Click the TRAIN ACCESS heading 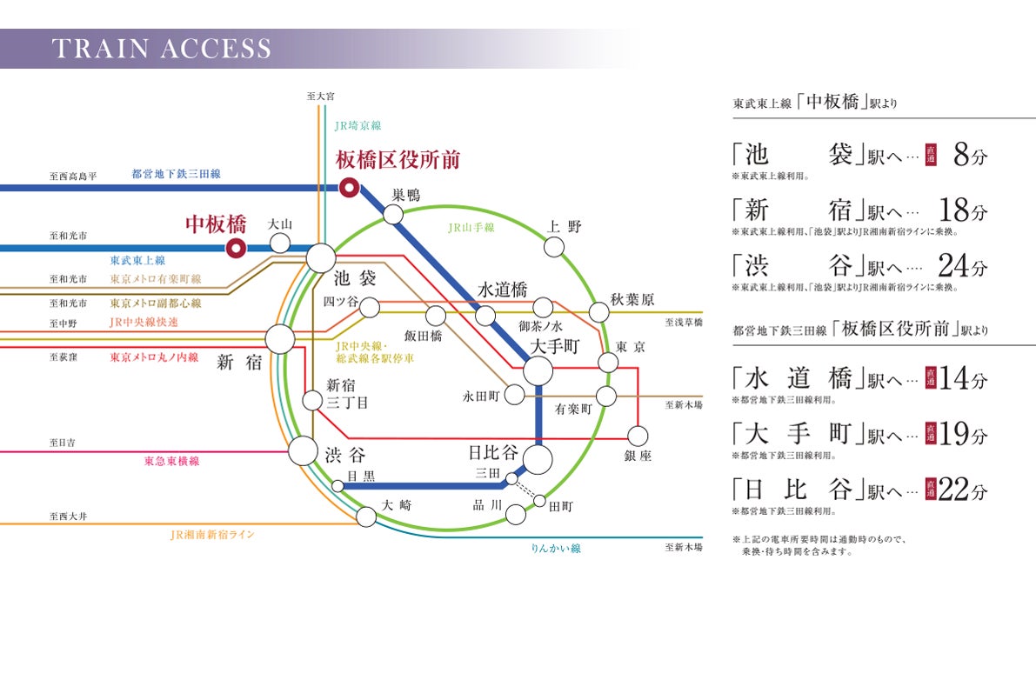[161, 49]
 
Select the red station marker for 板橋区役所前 [349, 186]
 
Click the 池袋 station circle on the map [321, 257]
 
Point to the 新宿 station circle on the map [280, 339]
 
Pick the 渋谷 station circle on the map [303, 450]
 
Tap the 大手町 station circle [538, 371]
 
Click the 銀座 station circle [638, 435]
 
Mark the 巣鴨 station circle [393, 214]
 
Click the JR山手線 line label [471, 228]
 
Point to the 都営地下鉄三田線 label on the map [176, 174]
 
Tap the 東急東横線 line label [171, 461]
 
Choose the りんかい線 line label [555, 549]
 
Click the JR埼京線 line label [358, 126]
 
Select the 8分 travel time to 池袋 [970, 157]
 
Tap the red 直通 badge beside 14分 [930, 380]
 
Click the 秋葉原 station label [632, 300]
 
